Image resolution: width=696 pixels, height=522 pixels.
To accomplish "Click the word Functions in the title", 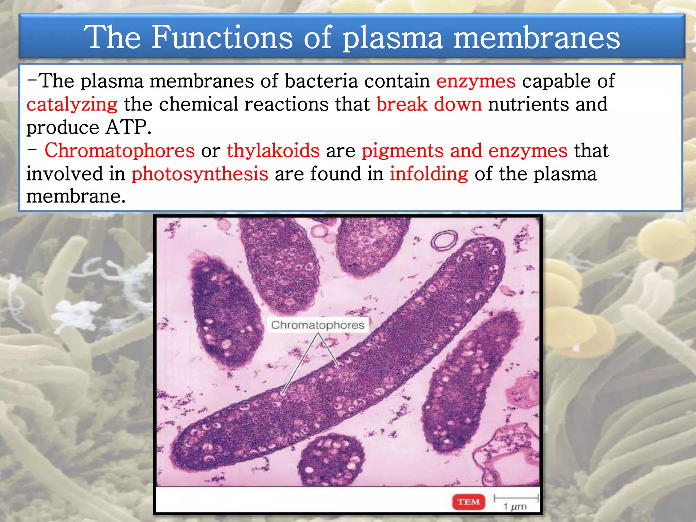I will tap(222, 37).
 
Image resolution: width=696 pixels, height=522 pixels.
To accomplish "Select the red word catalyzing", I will tap(72, 104).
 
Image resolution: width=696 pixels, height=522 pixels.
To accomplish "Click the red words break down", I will tap(429, 104).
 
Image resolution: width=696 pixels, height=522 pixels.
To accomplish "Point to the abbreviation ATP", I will tap(128, 127).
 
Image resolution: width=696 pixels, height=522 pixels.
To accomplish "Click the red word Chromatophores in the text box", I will tap(120, 151).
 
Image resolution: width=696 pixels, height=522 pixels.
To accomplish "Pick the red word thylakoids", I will tap(273, 151).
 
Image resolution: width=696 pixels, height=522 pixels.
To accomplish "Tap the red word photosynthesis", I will tap(200, 174).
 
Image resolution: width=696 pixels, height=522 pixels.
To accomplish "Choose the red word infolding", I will tap(429, 174).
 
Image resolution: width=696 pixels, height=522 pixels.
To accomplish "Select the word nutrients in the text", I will tap(528, 104).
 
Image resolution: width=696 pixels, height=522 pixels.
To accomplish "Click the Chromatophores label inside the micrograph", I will tap(317, 325).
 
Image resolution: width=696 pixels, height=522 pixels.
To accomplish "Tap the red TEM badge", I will tap(468, 502).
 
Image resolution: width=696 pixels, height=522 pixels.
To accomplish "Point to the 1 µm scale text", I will tap(515, 507).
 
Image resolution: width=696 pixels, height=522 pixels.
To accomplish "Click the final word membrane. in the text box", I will tap(76, 196).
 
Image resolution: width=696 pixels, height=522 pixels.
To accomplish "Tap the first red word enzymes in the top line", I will tap(476, 81).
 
